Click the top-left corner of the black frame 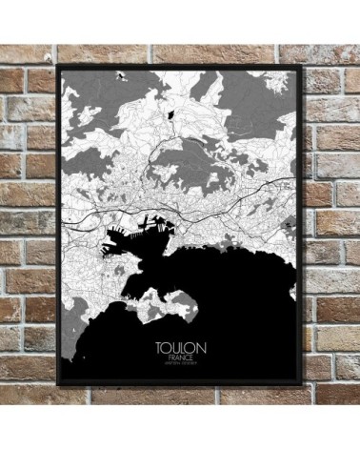[x=58, y=66]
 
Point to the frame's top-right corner [x=307, y=66]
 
